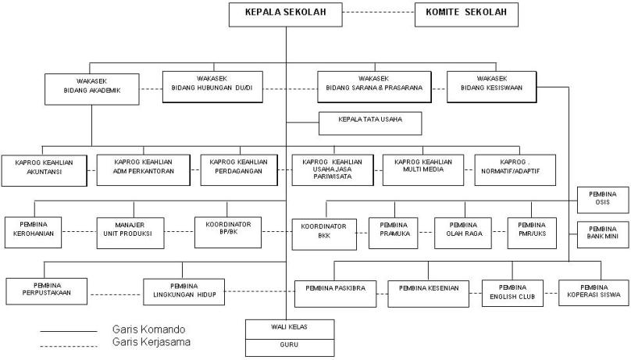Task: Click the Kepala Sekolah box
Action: (x=286, y=13)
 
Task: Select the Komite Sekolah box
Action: (x=466, y=13)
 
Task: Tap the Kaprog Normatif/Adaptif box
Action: (x=516, y=169)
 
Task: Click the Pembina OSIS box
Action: (x=602, y=198)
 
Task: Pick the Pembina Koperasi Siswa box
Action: (x=593, y=293)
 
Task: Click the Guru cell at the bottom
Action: (x=289, y=344)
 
